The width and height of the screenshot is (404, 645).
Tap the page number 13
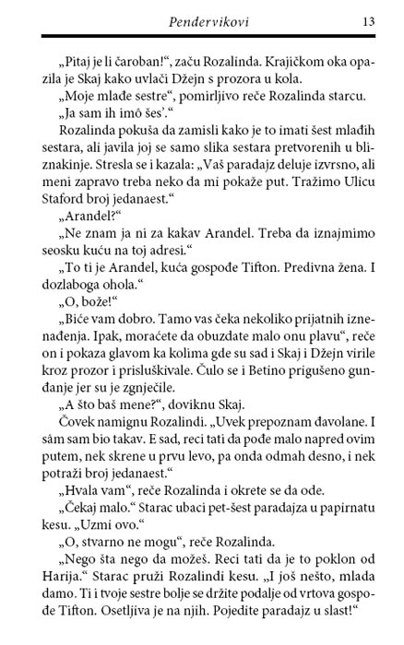point(367,20)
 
